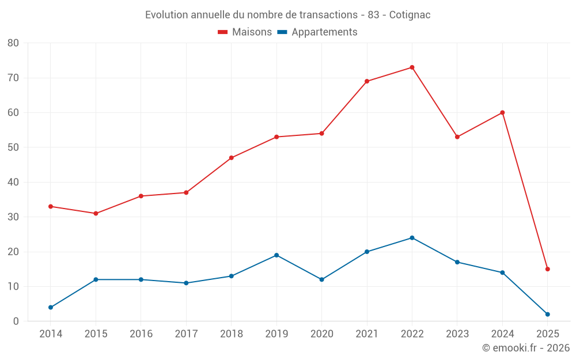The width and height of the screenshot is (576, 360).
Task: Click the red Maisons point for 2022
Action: (412, 67)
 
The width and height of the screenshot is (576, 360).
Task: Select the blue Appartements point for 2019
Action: (276, 255)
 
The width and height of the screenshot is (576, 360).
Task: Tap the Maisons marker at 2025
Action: (548, 269)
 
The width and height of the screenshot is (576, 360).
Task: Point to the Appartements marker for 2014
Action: (51, 308)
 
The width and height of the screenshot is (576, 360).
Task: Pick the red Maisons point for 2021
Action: (367, 81)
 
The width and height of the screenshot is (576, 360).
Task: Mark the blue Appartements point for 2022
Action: (412, 238)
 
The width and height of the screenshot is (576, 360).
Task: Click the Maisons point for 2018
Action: (232, 158)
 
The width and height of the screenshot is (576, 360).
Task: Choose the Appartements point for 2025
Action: (548, 314)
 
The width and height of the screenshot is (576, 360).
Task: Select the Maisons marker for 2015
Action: (96, 214)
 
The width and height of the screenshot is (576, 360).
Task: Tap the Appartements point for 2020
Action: (322, 279)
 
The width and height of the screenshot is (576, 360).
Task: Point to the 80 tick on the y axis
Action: (13, 43)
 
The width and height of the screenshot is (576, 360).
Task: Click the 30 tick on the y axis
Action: (13, 217)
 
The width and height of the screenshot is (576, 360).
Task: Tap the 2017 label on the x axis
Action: (186, 334)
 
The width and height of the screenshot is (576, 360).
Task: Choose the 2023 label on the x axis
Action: (457, 334)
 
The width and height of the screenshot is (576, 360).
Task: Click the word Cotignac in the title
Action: (410, 15)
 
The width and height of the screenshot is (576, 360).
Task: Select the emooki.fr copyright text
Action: (525, 348)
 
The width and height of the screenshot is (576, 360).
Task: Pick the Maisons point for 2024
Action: (502, 113)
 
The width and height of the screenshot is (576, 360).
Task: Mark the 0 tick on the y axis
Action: (16, 321)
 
